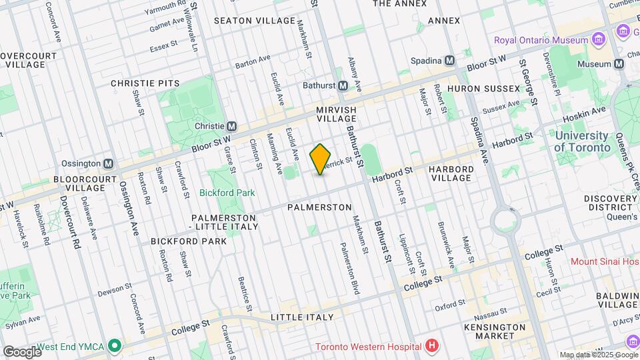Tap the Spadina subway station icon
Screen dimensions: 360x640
450,61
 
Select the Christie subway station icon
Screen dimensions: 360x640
232,126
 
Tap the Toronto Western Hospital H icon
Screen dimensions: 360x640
432,346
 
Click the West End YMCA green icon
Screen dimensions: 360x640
115,346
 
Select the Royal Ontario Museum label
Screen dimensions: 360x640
541,40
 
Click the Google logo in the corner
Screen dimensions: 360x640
21,351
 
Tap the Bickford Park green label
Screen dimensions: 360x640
227,193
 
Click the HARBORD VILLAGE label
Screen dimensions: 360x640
451,173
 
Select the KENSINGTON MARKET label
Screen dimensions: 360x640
494,332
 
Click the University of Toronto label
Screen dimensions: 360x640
582,141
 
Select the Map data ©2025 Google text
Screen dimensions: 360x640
597,355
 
